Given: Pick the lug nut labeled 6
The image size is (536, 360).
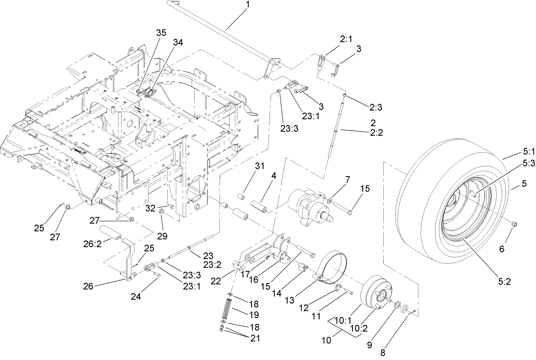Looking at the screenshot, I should (515, 223).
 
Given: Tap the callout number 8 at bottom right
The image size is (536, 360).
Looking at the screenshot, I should (382, 353).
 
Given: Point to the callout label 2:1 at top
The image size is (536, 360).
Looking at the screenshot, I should (346, 40).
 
